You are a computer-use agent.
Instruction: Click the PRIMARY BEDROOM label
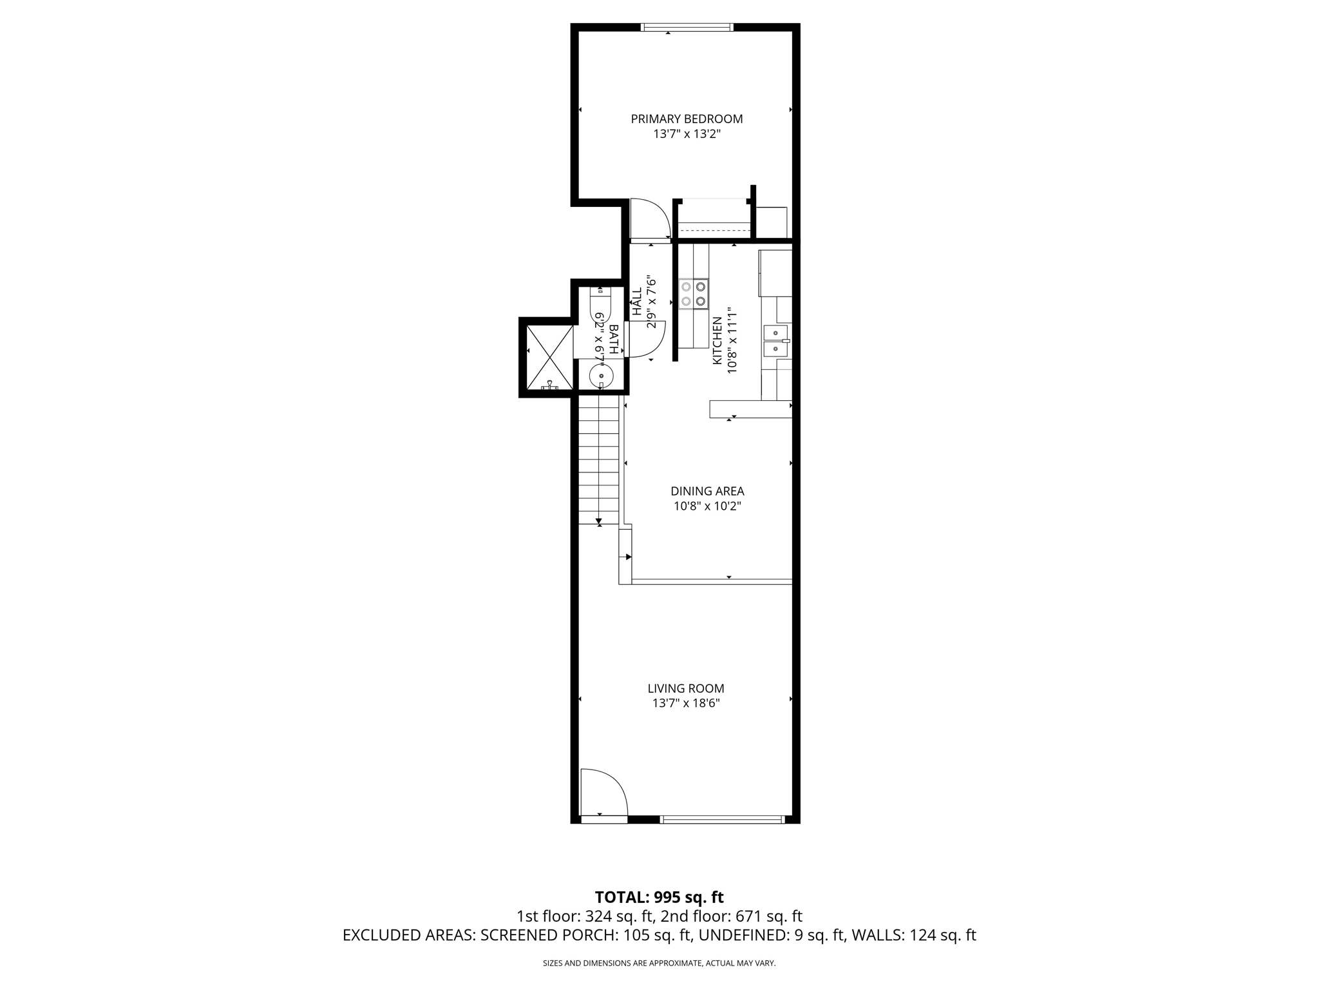(687, 119)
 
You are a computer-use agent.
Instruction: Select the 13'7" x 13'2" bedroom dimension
(687, 135)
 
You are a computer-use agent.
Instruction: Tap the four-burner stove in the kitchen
(694, 293)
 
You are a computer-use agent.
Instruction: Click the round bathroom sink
(601, 374)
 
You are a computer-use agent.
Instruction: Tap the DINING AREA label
(707, 491)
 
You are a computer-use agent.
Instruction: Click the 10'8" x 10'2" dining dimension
(707, 507)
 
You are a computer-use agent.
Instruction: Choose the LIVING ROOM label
(686, 688)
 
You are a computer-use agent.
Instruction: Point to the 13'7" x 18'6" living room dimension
(686, 704)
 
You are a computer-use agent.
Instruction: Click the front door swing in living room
(603, 794)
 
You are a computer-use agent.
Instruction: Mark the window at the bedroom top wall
(687, 28)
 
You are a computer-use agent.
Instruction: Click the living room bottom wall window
(722, 820)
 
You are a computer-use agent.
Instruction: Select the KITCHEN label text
(717, 340)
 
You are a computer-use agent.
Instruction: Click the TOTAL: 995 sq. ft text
(659, 897)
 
